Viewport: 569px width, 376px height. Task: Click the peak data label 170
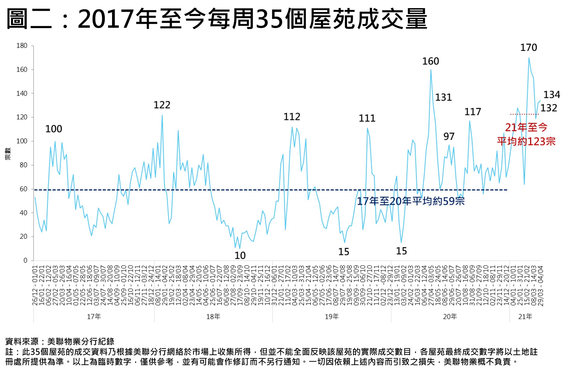[528, 48]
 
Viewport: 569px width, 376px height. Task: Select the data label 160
[430, 62]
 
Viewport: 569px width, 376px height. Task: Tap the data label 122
[162, 105]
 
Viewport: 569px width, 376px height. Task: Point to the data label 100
[54, 129]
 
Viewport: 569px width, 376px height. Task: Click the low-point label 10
[240, 256]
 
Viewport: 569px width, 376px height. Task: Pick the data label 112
[292, 117]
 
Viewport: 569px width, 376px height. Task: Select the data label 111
[367, 118]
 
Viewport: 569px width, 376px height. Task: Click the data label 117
[473, 112]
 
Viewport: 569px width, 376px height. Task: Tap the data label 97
[449, 137]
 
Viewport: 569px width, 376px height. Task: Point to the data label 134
[552, 95]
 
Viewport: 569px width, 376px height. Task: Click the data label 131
[443, 97]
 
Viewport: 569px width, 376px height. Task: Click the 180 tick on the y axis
[22, 46]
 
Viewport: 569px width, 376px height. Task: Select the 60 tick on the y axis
[23, 189]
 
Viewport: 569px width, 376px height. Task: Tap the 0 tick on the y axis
[25, 261]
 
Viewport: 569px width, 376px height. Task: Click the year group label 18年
[213, 317]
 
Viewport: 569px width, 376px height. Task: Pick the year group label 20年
[450, 317]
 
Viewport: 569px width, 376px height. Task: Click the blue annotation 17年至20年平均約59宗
[411, 201]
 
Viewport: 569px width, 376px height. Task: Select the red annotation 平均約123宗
[526, 141]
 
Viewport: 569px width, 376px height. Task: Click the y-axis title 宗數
[8, 153]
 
